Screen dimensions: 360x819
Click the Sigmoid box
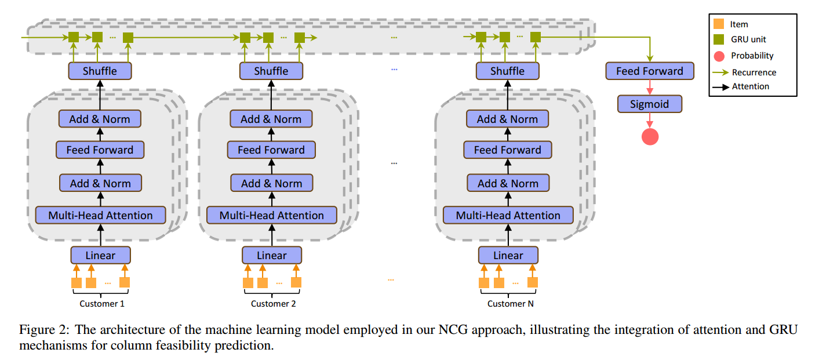tap(649, 104)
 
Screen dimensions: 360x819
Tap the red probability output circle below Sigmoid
tap(650, 136)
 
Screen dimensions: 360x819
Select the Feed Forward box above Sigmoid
tap(649, 71)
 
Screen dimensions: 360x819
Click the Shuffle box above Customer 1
tap(100, 71)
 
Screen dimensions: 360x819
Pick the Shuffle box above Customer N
tap(507, 71)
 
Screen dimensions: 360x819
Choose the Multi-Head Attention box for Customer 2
tap(271, 215)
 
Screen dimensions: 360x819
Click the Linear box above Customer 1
tap(100, 255)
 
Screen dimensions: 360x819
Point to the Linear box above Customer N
tap(508, 255)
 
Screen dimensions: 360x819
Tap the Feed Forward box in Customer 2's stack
tap(271, 150)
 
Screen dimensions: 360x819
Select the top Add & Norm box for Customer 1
tap(100, 119)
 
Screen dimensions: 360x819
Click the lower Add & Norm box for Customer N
tap(508, 183)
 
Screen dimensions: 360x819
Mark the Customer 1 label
tap(101, 303)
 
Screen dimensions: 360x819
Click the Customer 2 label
tap(273, 303)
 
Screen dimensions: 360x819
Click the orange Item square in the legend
tap(719, 24)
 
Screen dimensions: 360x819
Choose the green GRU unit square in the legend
tap(719, 40)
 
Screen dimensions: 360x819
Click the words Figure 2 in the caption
tap(38, 330)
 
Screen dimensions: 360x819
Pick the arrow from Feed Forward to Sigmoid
tap(650, 88)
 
